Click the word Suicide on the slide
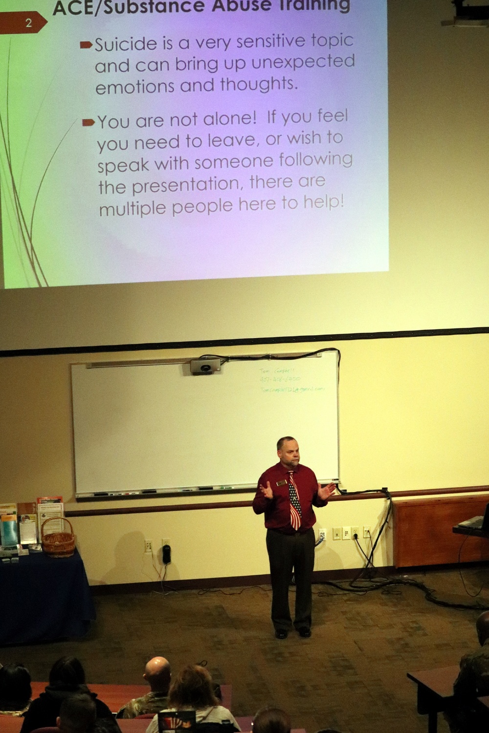(126, 44)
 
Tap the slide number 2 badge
(28, 23)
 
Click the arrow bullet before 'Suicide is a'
(86, 45)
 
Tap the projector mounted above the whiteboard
(205, 366)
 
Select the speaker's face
(287, 453)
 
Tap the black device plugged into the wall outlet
(166, 554)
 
